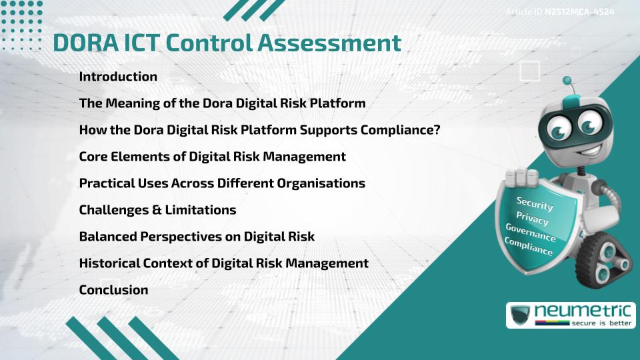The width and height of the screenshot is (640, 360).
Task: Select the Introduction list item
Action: [118, 77]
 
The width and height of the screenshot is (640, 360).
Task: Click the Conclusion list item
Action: [113, 290]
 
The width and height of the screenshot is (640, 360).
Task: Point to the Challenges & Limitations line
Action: [157, 210]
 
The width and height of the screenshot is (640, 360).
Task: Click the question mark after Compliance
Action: [436, 130]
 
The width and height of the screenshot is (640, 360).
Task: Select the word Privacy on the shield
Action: [532, 219]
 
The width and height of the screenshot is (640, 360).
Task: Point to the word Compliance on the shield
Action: [528, 247]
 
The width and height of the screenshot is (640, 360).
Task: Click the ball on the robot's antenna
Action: [567, 81]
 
